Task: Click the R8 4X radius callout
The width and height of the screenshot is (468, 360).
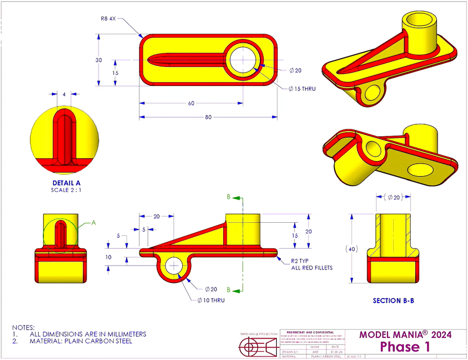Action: (x=109, y=18)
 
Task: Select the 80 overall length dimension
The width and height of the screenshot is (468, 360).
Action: (x=208, y=117)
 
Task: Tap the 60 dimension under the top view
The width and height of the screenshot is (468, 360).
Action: (x=191, y=103)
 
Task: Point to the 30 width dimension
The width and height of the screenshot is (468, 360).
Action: (x=98, y=60)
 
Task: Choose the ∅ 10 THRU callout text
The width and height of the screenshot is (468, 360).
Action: (x=211, y=300)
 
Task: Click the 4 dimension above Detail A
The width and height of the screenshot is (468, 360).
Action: (x=64, y=94)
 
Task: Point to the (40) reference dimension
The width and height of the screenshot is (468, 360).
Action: (x=352, y=249)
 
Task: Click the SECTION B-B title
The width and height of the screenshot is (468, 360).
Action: (x=393, y=300)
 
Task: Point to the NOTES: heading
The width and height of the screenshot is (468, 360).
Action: (x=24, y=327)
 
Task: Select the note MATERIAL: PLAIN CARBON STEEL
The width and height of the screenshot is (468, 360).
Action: (x=81, y=341)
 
